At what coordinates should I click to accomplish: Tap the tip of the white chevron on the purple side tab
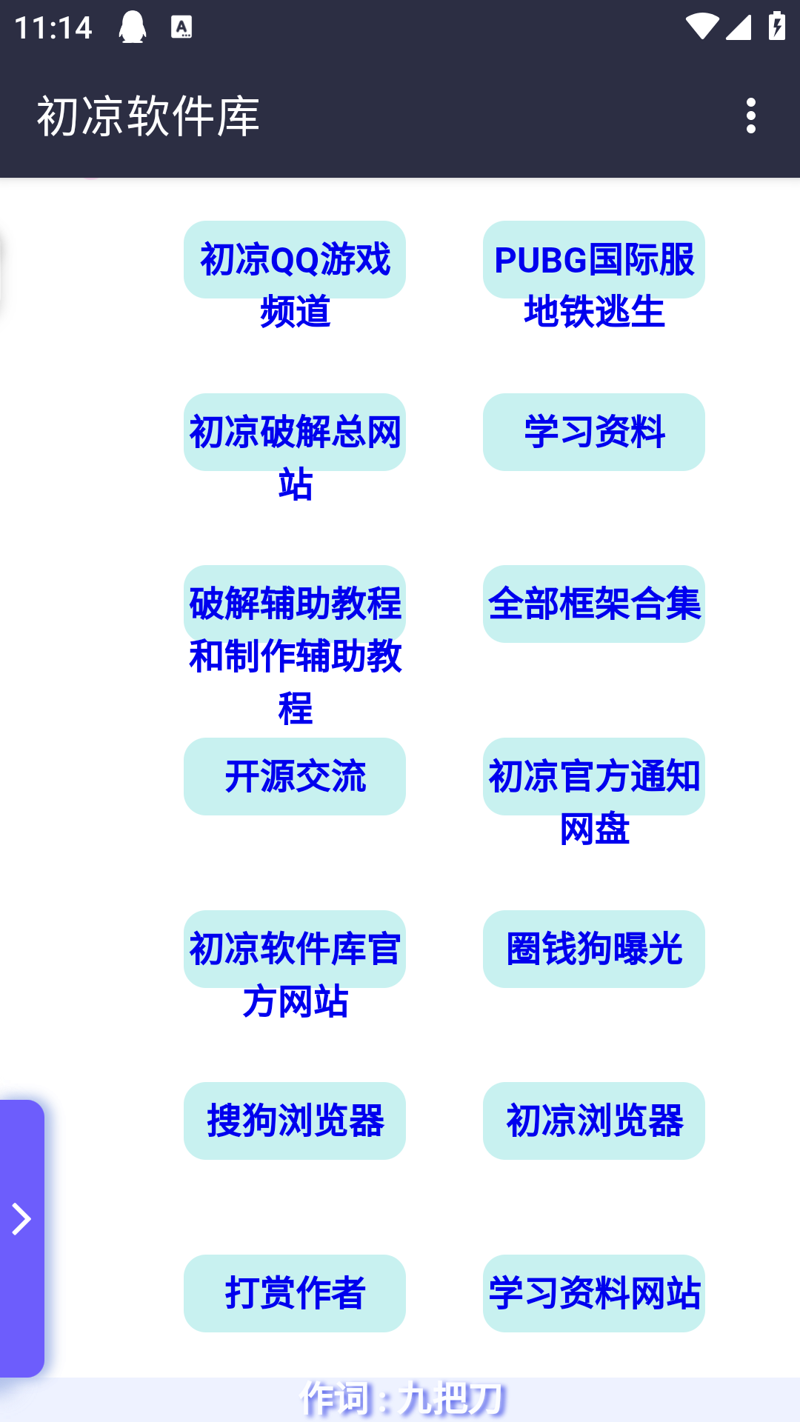tap(31, 1219)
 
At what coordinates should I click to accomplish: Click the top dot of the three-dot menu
tap(751, 102)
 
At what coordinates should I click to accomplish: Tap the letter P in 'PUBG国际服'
tap(505, 261)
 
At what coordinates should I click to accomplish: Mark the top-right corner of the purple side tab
tap(44, 1101)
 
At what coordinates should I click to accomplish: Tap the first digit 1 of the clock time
tap(20, 28)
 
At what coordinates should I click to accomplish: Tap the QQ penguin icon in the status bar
tap(133, 27)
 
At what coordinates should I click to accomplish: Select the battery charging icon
tap(777, 26)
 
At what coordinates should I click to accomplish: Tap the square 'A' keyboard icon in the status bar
tap(181, 27)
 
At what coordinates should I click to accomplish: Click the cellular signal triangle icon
tap(739, 27)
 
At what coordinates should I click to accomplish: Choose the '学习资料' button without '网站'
tap(594, 432)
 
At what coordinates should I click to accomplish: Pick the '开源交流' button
tap(295, 776)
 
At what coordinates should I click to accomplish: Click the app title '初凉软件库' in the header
tap(148, 116)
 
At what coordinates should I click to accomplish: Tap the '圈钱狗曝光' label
tap(594, 949)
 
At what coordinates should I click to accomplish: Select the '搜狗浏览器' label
tap(295, 1121)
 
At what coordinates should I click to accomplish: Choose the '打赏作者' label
tap(295, 1293)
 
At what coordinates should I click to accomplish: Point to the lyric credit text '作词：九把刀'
tap(401, 1398)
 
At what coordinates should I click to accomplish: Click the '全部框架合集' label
tap(594, 604)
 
